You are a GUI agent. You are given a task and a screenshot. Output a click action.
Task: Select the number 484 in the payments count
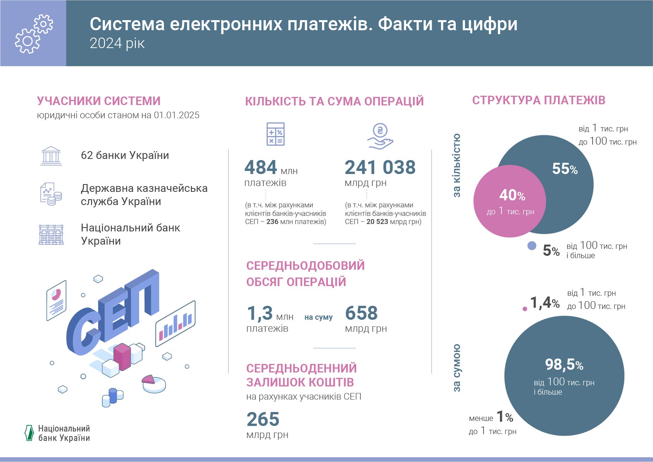pyautogui.click(x=260, y=167)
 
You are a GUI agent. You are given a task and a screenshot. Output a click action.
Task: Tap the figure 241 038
pyautogui.click(x=380, y=167)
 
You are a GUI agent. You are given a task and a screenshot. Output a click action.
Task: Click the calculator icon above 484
pyautogui.click(x=276, y=134)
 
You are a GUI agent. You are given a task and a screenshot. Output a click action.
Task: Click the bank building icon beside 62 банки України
pyautogui.click(x=51, y=156)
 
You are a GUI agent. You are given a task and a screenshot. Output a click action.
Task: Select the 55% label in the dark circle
pyautogui.click(x=565, y=169)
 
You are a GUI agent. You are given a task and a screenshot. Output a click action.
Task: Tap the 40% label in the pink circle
pyautogui.click(x=512, y=195)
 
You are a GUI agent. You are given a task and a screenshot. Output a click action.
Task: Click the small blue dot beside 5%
pyautogui.click(x=532, y=246)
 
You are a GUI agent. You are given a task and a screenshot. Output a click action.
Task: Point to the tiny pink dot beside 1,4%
pyautogui.click(x=525, y=309)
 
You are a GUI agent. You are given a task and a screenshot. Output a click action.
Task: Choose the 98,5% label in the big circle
pyautogui.click(x=564, y=365)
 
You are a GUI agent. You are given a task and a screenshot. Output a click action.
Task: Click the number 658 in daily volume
pyautogui.click(x=361, y=313)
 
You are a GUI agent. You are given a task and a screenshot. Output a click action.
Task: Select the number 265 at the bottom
pyautogui.click(x=263, y=419)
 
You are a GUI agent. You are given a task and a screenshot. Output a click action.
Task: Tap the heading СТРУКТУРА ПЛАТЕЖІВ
pyautogui.click(x=538, y=100)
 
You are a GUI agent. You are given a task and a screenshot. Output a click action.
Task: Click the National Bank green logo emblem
pyautogui.click(x=29, y=433)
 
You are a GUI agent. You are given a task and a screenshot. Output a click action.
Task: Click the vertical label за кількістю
pyautogui.click(x=457, y=165)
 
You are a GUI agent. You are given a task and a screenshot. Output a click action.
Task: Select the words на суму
pyautogui.click(x=319, y=317)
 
